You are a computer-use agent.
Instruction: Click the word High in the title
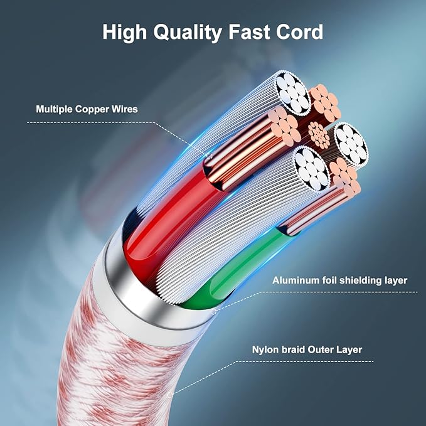click(124, 33)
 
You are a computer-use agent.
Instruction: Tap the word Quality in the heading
click(188, 33)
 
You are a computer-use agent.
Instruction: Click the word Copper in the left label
click(92, 110)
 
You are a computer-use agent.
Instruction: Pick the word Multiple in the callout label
click(55, 110)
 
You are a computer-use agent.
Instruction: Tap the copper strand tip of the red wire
click(284, 125)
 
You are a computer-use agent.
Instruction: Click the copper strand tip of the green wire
click(344, 176)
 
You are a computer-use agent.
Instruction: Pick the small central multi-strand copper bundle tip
click(319, 135)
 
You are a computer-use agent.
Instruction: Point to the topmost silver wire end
click(293, 92)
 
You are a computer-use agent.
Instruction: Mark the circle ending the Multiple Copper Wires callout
click(209, 156)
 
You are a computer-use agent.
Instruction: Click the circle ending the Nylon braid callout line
click(171, 395)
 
